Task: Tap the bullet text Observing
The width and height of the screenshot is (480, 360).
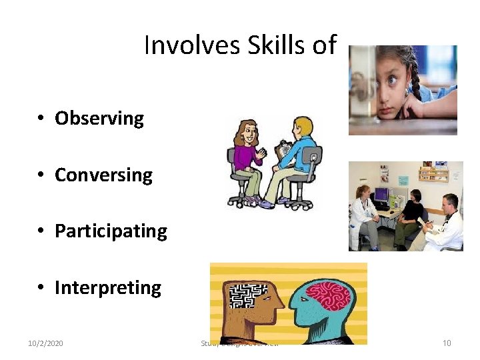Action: click(x=99, y=119)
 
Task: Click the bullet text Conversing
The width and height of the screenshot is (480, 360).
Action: click(x=103, y=175)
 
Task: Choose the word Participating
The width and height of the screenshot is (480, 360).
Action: click(x=111, y=231)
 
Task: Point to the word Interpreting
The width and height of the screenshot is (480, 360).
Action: click(x=107, y=288)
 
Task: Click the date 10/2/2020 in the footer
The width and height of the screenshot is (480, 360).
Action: click(x=45, y=343)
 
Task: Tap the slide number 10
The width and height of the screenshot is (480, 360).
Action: click(x=447, y=343)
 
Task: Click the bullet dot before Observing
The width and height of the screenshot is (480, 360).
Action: click(x=41, y=119)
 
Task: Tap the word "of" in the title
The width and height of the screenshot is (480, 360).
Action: click(x=324, y=45)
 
